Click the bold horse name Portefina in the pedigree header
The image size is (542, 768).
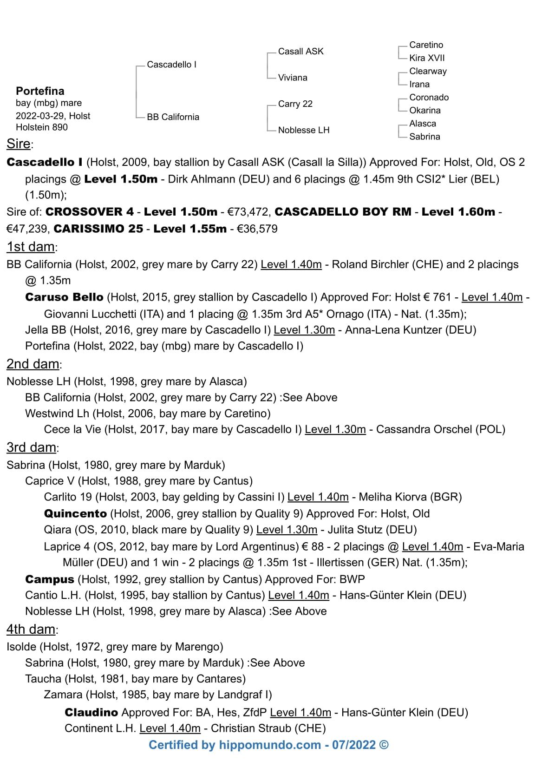click(x=40, y=91)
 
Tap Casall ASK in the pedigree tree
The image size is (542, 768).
click(x=300, y=51)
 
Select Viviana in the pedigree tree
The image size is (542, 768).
click(x=293, y=78)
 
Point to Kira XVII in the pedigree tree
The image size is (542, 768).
click(x=427, y=58)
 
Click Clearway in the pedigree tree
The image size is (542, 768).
click(x=428, y=71)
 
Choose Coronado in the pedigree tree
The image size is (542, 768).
click(x=429, y=97)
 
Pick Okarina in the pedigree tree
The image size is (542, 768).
click(x=424, y=110)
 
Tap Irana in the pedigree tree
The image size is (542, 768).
click(x=419, y=84)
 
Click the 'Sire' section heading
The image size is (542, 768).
click(x=19, y=144)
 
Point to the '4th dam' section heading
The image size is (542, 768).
click(x=31, y=629)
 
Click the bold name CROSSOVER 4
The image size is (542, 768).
click(x=90, y=212)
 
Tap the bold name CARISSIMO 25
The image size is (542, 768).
click(x=98, y=229)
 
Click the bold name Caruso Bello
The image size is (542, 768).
click(x=64, y=297)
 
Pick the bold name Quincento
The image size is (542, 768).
click(x=75, y=513)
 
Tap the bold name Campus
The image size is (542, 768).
click(x=50, y=579)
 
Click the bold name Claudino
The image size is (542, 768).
click(x=91, y=712)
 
